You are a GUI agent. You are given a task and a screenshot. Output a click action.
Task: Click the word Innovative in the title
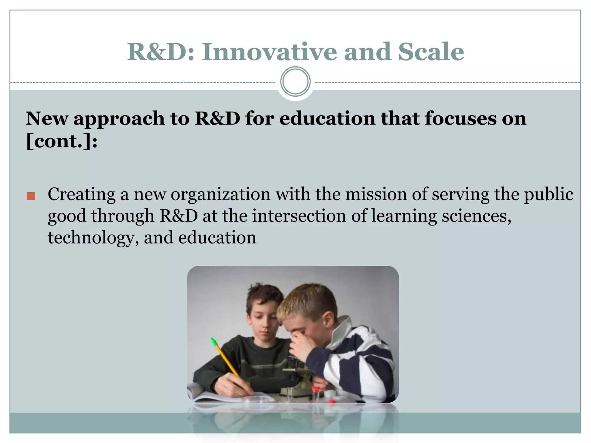pyautogui.click(x=269, y=52)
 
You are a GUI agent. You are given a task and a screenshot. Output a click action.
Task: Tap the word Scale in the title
pyautogui.click(x=431, y=52)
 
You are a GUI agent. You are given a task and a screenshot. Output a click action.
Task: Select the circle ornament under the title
pyautogui.click(x=295, y=82)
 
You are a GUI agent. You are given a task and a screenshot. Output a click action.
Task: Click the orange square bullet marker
pyautogui.click(x=31, y=196)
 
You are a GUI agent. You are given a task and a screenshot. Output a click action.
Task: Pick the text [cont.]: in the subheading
pyautogui.click(x=62, y=141)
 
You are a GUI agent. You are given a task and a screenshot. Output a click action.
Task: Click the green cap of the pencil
pyautogui.click(x=214, y=341)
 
